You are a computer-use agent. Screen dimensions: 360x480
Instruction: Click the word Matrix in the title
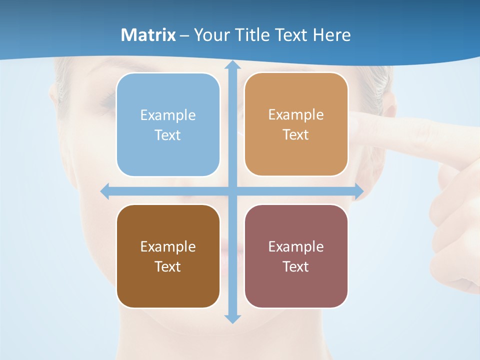pyautogui.click(x=148, y=35)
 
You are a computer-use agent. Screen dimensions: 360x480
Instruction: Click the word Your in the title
pyautogui.click(x=209, y=35)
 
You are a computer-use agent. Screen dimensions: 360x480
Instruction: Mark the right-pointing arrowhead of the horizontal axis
pyautogui.click(x=359, y=191)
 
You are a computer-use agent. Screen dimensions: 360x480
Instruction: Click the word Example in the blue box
pyautogui.click(x=168, y=115)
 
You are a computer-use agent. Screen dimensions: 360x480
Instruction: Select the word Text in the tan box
pyautogui.click(x=296, y=135)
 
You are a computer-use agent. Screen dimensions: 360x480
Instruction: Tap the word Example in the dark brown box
pyautogui.click(x=168, y=246)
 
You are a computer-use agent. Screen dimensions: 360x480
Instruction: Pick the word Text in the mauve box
pyautogui.click(x=296, y=266)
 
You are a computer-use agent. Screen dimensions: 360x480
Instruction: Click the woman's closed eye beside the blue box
pyautogui.click(x=107, y=102)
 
